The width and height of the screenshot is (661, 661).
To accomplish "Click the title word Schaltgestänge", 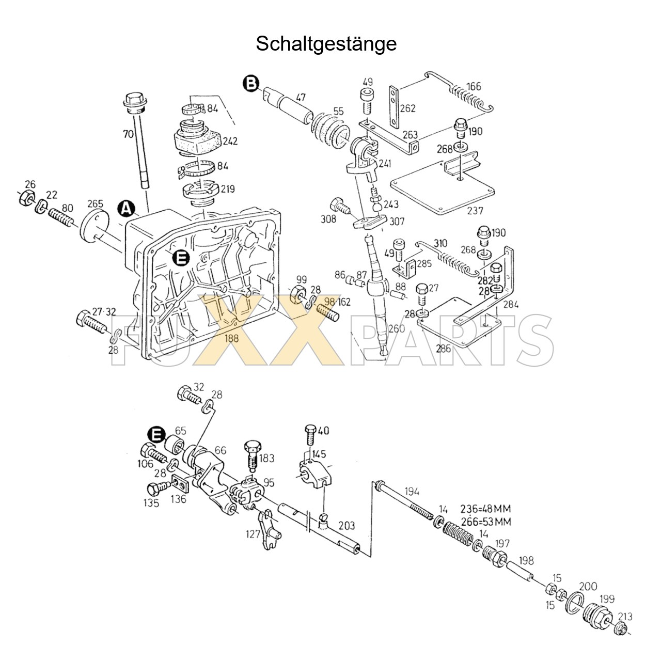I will (326, 43).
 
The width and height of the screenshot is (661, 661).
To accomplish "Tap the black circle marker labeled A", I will (126, 208).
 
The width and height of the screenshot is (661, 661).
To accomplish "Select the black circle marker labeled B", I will (251, 83).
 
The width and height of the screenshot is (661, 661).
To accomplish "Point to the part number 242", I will (230, 140).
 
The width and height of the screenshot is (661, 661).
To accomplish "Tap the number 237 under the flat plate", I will (475, 210).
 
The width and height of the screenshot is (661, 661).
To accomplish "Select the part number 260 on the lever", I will (397, 329).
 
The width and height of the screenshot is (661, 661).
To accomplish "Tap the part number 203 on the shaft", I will (347, 525).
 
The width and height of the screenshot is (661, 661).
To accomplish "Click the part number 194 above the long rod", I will (412, 491).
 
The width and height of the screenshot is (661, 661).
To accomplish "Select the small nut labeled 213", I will (622, 629).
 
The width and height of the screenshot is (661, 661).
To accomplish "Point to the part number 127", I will (254, 534).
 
